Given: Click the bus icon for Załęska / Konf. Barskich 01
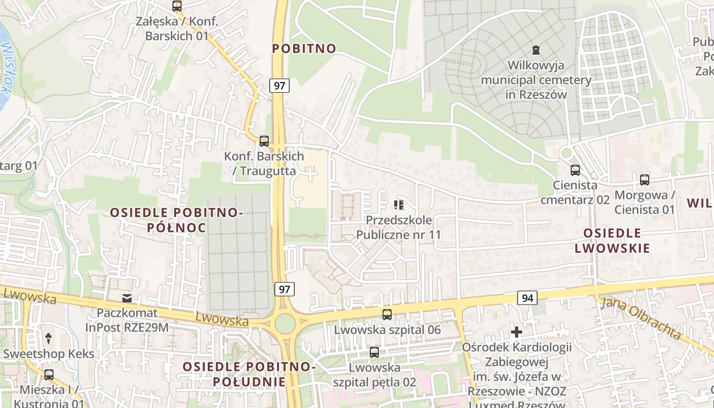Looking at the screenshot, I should [177, 6].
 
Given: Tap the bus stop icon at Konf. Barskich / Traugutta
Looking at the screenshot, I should [264, 141].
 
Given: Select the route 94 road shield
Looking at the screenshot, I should [527, 297].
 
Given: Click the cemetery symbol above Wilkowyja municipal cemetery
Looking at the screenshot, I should [535, 50].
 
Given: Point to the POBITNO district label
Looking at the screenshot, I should [304, 49].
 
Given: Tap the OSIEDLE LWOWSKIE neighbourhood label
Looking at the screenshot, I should [612, 241].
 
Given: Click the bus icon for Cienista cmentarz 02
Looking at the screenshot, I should [575, 170].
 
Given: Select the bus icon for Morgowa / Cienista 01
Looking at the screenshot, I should [645, 180].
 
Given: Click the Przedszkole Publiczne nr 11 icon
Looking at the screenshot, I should [398, 205].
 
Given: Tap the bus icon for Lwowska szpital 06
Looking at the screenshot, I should [387, 314].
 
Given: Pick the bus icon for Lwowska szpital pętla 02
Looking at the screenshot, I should [374, 352].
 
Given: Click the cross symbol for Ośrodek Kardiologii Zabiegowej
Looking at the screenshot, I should [517, 333].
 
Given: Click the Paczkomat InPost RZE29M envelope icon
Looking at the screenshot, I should [126, 298].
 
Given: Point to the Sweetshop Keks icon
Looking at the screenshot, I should [49, 338].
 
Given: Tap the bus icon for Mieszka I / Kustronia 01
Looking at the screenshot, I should [49, 374].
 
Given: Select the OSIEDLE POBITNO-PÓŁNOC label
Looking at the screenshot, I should [176, 220].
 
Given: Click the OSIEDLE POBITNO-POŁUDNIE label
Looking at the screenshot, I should [249, 374].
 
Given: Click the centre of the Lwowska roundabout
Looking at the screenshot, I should [285, 323].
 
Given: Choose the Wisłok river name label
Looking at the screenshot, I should [6, 69].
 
